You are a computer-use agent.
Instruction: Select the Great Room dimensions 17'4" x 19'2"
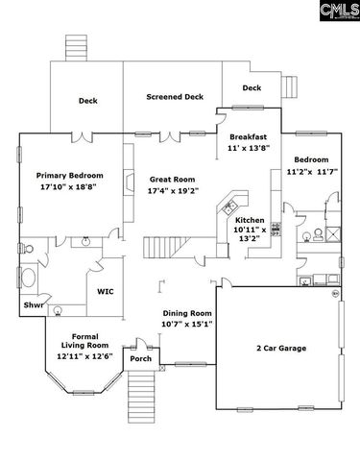173,191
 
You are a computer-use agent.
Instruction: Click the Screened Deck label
175,97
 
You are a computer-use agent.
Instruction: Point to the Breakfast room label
248,137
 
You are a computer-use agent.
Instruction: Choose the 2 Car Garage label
281,348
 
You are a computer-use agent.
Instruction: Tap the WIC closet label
106,291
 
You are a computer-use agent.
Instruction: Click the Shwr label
34,307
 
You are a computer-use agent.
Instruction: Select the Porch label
141,359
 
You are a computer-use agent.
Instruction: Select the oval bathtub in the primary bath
29,281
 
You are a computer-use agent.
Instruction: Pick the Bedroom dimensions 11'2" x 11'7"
311,171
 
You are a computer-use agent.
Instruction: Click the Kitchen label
251,220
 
